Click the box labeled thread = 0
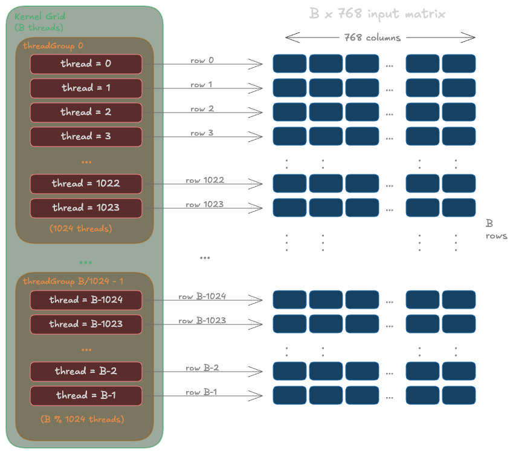86,64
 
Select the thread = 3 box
86,136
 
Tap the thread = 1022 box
86,184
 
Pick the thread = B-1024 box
86,300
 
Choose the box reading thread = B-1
86,395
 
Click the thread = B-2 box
86,371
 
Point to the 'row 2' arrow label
202,109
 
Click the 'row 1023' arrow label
204,205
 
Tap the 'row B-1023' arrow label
202,320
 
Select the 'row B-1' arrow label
201,392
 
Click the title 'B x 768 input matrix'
378,14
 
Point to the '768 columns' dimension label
372,38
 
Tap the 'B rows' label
495,230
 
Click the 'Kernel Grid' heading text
39,16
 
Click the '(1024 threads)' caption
81,229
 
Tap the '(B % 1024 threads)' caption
82,419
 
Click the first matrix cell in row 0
289,64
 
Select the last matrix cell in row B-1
459,395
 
